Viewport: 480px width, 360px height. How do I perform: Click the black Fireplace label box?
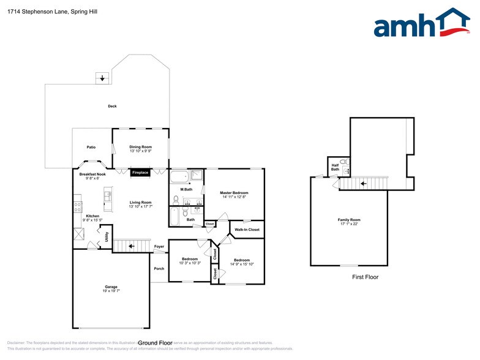coord(140,173)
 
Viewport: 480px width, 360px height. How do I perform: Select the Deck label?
coord(112,106)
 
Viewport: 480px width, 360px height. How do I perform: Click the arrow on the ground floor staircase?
coord(132,246)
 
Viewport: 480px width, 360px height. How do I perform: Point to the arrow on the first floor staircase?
coord(363,183)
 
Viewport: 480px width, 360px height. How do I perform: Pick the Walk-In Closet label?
coord(247,230)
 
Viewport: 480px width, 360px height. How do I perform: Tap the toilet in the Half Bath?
coord(344,163)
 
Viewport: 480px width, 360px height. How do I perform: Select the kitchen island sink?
coord(108,196)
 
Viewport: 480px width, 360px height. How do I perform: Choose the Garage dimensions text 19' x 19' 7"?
coord(111,291)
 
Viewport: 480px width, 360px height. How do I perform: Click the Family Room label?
coord(349,220)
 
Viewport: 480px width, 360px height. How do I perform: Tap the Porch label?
coord(159,269)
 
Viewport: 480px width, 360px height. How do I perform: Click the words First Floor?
coord(365,277)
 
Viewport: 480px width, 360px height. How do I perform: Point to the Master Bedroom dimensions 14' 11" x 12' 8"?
coord(234,197)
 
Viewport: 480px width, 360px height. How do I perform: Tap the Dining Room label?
coord(140,147)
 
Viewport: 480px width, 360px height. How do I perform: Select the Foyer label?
coord(159,247)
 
